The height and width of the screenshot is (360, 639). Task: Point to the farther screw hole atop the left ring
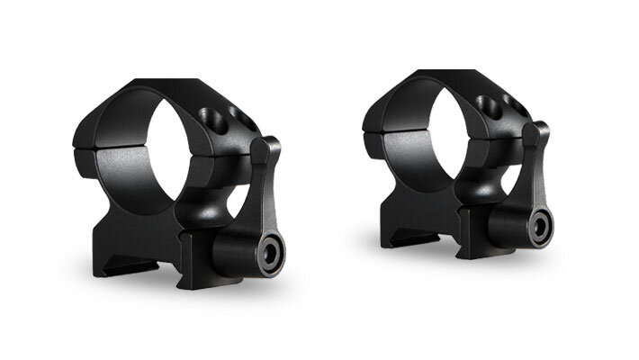[x=238, y=116]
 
